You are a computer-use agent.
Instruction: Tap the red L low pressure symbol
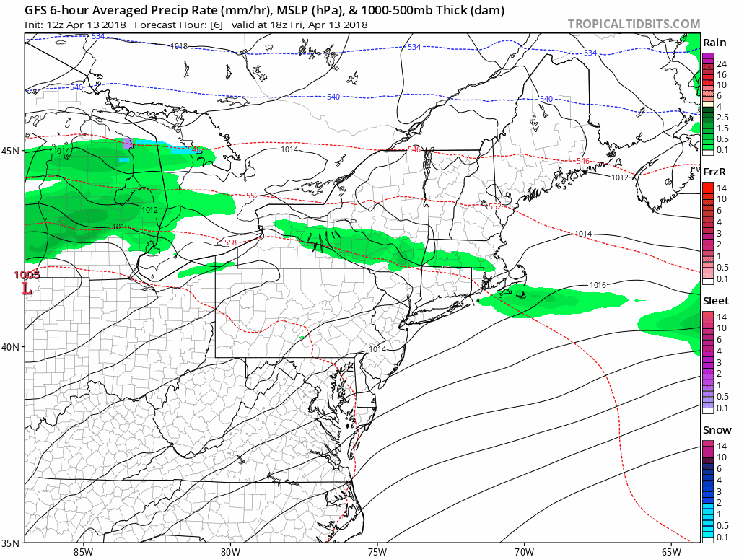point(27,289)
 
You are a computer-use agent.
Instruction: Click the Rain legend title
point(714,42)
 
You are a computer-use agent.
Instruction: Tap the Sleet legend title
point(716,301)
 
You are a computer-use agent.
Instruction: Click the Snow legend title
point(716,430)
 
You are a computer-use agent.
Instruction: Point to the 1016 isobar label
point(598,285)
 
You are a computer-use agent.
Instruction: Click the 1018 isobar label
point(179,46)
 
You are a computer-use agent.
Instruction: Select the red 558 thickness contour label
point(230,242)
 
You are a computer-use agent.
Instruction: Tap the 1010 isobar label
point(121,227)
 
